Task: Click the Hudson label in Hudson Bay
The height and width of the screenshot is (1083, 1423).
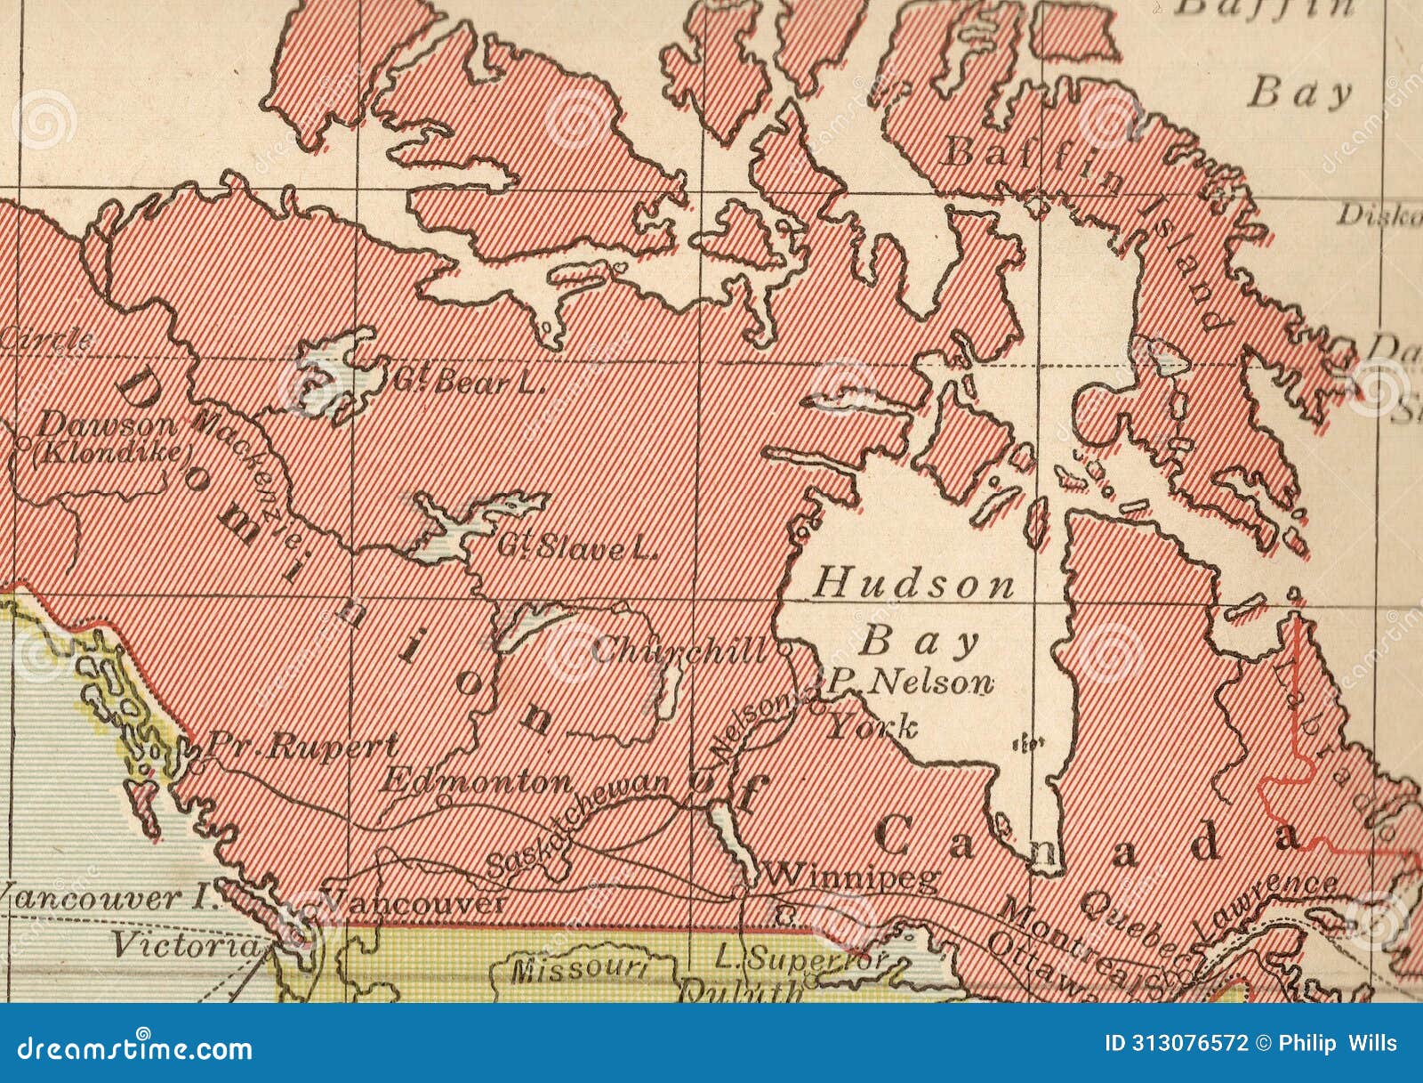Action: [914, 585]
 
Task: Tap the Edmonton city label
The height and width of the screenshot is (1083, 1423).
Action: [477, 782]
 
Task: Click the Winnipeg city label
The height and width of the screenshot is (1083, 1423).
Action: [851, 877]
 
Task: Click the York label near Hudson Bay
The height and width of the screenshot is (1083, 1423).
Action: [872, 728]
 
